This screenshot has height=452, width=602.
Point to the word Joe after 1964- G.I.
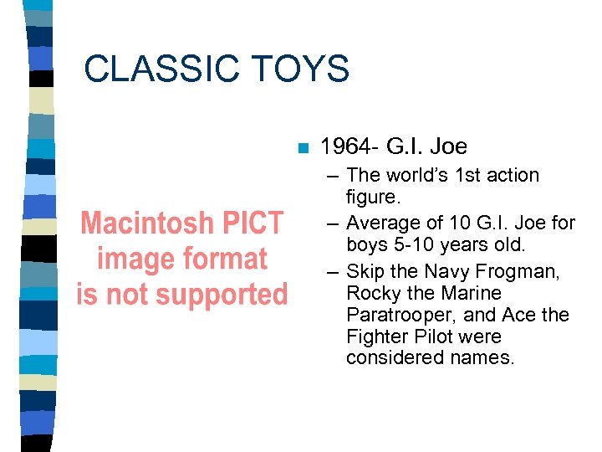tap(448, 147)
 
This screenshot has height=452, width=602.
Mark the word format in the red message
tap(225, 259)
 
